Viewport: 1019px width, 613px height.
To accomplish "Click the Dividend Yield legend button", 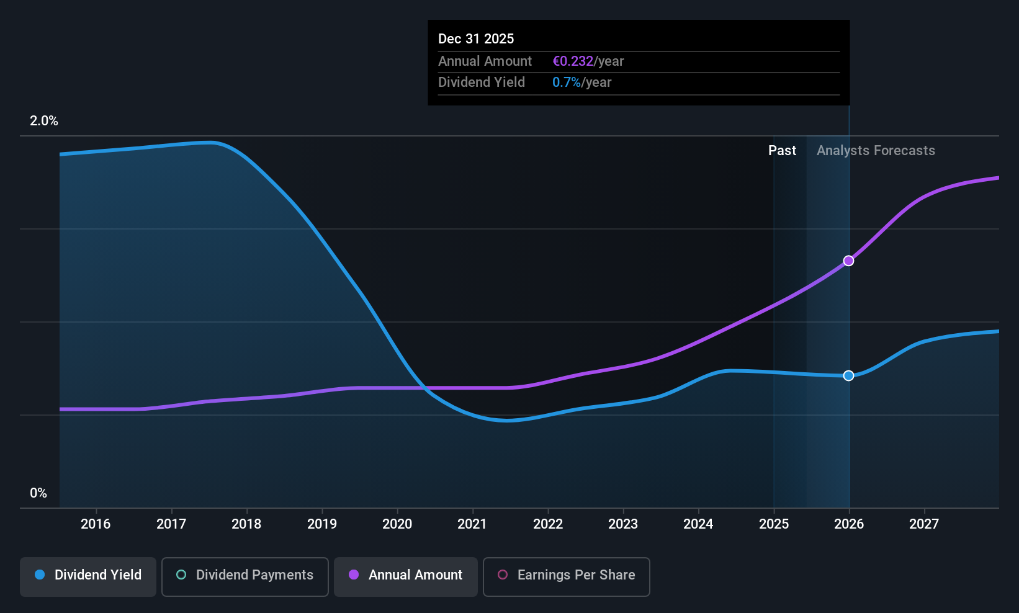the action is tap(88, 576).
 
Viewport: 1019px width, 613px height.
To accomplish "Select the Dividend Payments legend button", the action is tap(245, 576).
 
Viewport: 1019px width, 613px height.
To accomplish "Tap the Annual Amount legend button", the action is tap(406, 576).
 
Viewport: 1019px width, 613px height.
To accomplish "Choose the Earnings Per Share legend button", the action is tap(567, 576).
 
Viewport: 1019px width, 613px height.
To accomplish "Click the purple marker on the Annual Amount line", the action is tap(848, 261).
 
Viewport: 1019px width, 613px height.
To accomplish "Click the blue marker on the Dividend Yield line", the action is tap(848, 375).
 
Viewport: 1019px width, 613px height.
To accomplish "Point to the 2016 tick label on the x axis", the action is tap(96, 524).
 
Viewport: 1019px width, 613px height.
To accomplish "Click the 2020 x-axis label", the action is tap(397, 524).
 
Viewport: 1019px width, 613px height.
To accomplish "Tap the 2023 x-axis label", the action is tap(623, 524).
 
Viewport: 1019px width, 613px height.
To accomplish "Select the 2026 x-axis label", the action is tap(849, 524).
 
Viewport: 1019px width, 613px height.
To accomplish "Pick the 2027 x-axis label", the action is tap(924, 524).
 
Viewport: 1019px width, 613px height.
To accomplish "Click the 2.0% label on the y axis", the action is tap(44, 121).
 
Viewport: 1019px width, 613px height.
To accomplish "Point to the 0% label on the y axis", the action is tap(38, 493).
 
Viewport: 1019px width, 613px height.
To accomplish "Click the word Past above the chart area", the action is tap(782, 151).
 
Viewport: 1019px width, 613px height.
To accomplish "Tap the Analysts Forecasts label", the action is tap(876, 151).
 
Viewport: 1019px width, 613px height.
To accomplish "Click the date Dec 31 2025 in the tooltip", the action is tap(476, 38).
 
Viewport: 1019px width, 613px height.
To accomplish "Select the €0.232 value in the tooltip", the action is tap(573, 61).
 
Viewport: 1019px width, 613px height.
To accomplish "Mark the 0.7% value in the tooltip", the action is tap(567, 83).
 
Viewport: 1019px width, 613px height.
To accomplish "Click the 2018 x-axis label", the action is tap(246, 524).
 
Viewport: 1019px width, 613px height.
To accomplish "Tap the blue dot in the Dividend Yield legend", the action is tap(40, 575).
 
